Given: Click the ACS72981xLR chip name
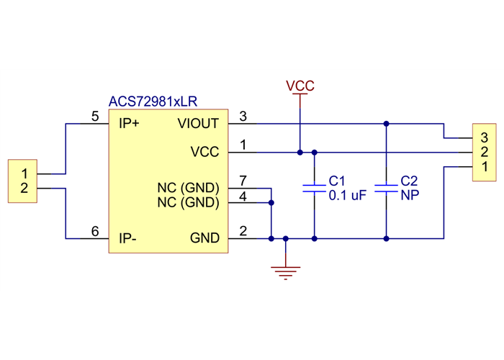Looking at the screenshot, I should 153,102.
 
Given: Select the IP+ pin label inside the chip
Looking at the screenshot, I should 129,123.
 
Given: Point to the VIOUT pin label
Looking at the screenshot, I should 198,123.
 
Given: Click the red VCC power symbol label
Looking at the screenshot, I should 300,86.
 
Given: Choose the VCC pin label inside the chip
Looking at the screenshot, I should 204,152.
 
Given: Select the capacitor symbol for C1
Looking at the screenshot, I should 315,188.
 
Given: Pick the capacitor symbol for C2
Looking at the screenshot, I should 387,188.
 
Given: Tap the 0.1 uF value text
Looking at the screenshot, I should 348,195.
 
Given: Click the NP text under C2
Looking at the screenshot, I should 410,195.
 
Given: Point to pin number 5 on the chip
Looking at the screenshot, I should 95,116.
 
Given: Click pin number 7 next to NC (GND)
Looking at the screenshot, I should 243,179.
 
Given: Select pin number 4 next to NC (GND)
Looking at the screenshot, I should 243,195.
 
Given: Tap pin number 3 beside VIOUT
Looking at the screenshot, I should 243,116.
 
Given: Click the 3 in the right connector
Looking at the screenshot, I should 485,137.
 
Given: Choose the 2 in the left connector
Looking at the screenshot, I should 24,189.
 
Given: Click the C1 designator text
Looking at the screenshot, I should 337,180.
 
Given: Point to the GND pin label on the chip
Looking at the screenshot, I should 204,238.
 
